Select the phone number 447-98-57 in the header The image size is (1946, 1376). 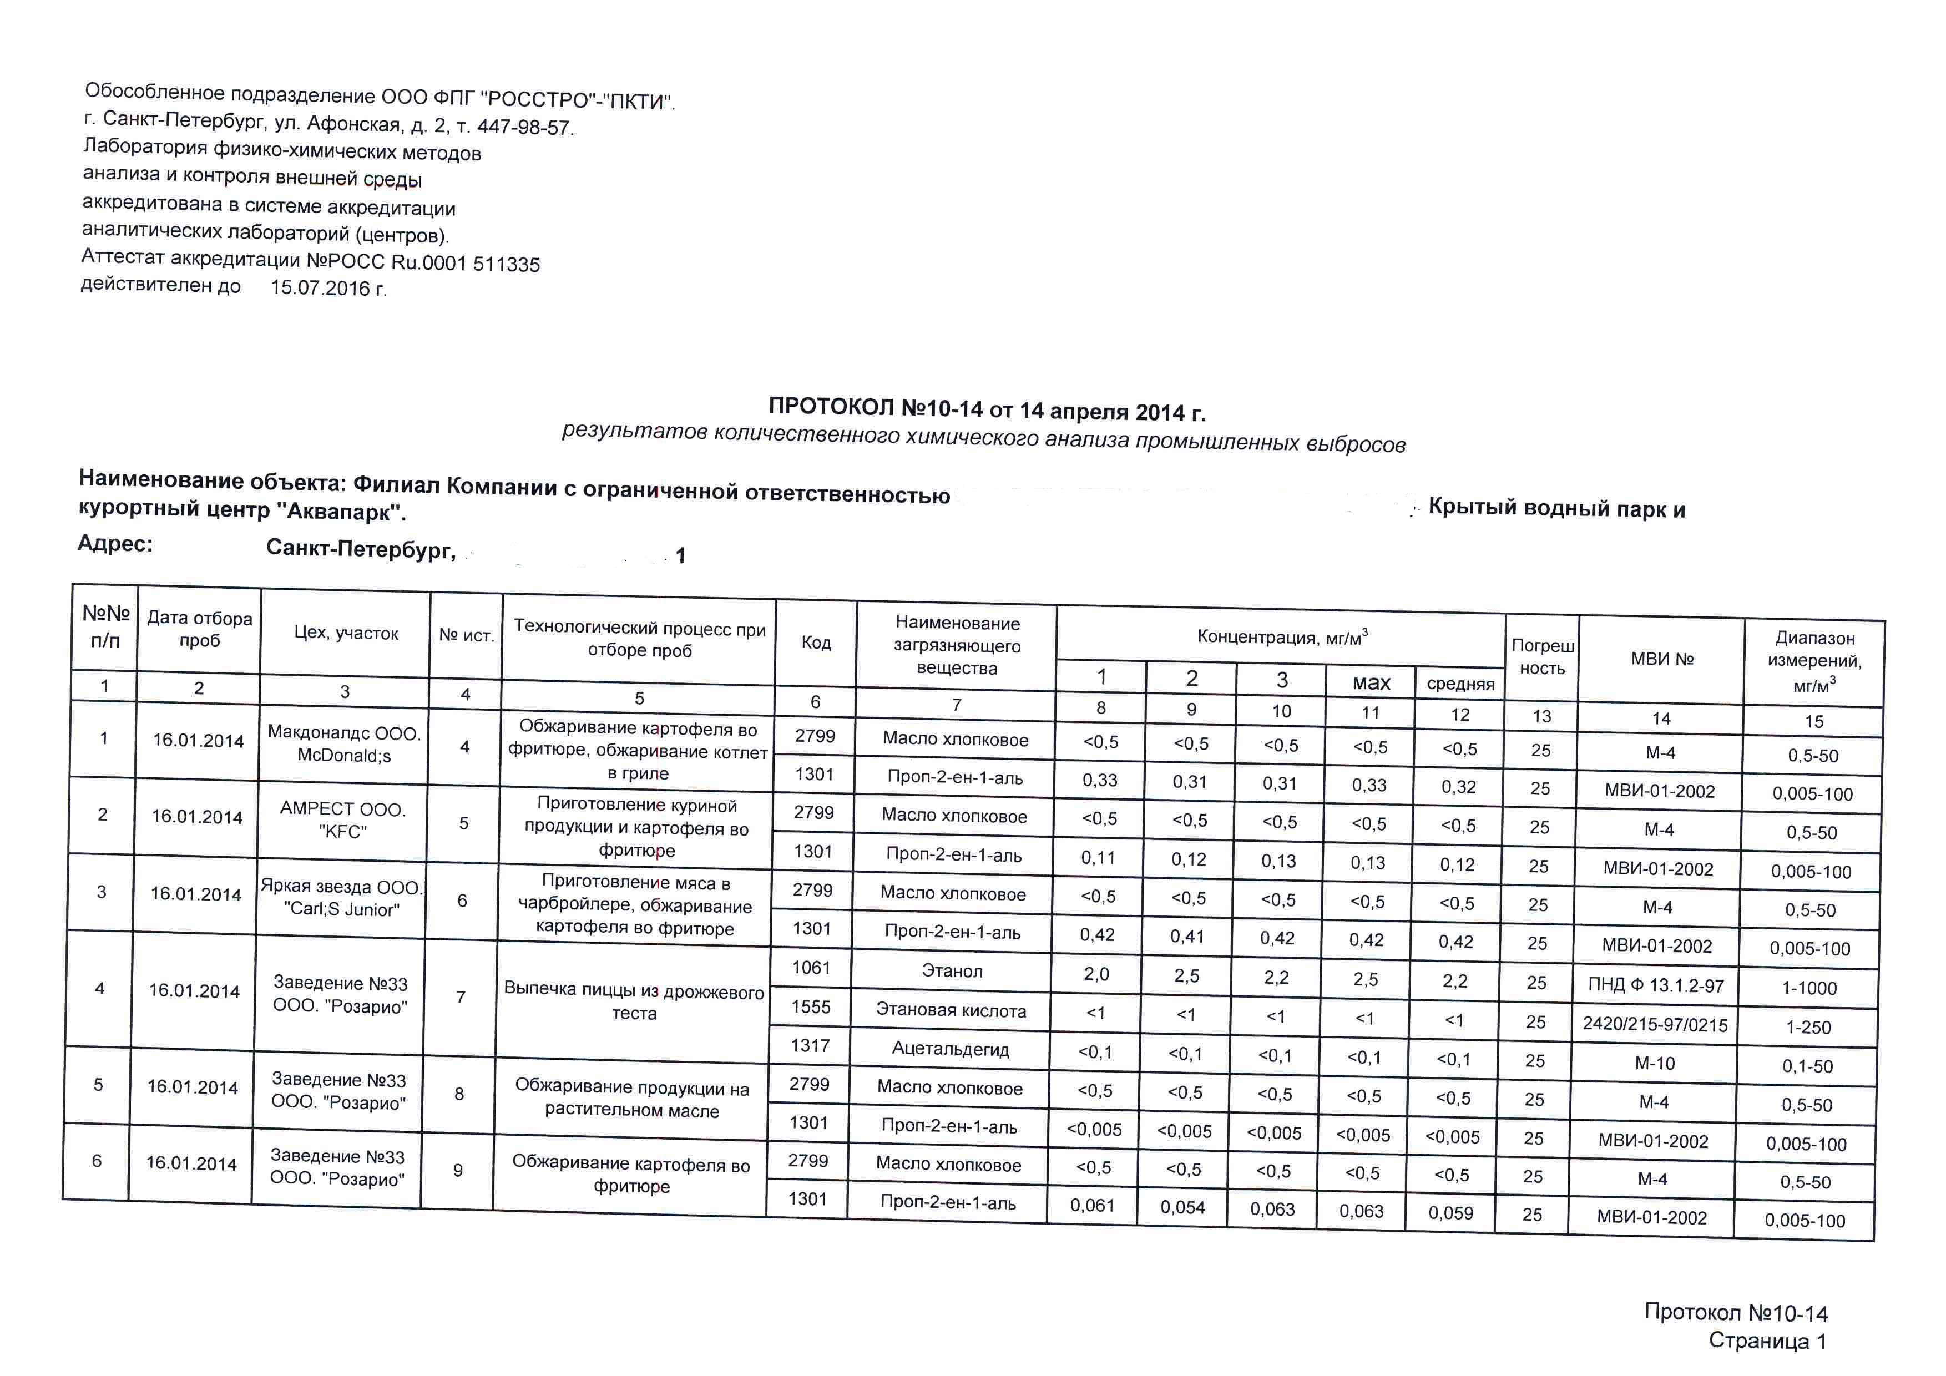coord(524,127)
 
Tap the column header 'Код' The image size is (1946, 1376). coord(816,643)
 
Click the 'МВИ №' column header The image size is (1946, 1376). coord(1662,659)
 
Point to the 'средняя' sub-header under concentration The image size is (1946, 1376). coord(1460,684)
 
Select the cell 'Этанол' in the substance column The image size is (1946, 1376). coord(953,971)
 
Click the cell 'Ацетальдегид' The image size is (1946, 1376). coord(950,1049)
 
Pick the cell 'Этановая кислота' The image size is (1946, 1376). coord(951,1010)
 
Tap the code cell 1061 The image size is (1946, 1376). coord(811,968)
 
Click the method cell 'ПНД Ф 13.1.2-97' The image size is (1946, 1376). coord(1655,984)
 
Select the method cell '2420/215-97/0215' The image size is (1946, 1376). coord(1655,1024)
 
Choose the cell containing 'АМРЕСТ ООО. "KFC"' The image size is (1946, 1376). coord(342,820)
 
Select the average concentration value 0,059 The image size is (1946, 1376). coord(1451,1212)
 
